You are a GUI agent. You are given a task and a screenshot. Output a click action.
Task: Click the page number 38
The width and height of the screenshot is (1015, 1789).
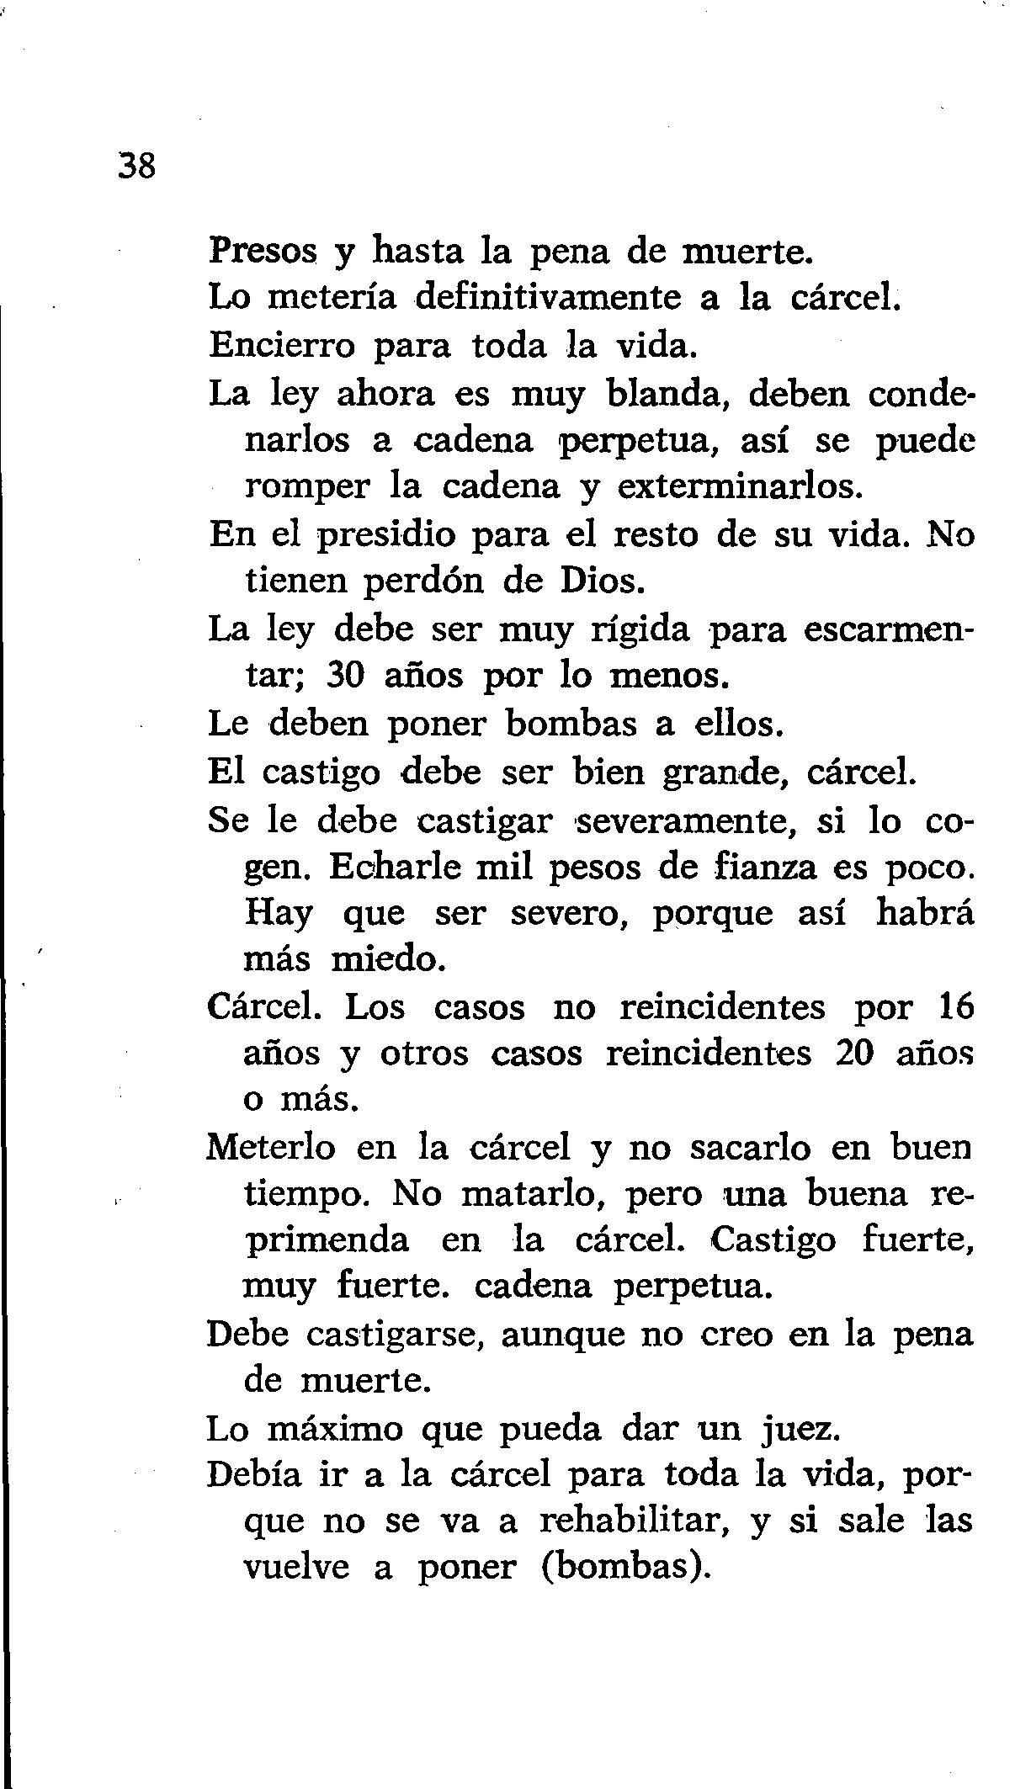coord(136,166)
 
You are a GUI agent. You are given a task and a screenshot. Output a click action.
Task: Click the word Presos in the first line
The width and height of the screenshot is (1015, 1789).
coord(263,251)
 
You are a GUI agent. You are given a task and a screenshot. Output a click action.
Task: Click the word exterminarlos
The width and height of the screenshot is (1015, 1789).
coord(741,486)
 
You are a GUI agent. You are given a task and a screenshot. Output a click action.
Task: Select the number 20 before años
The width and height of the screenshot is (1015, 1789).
coord(857,1054)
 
